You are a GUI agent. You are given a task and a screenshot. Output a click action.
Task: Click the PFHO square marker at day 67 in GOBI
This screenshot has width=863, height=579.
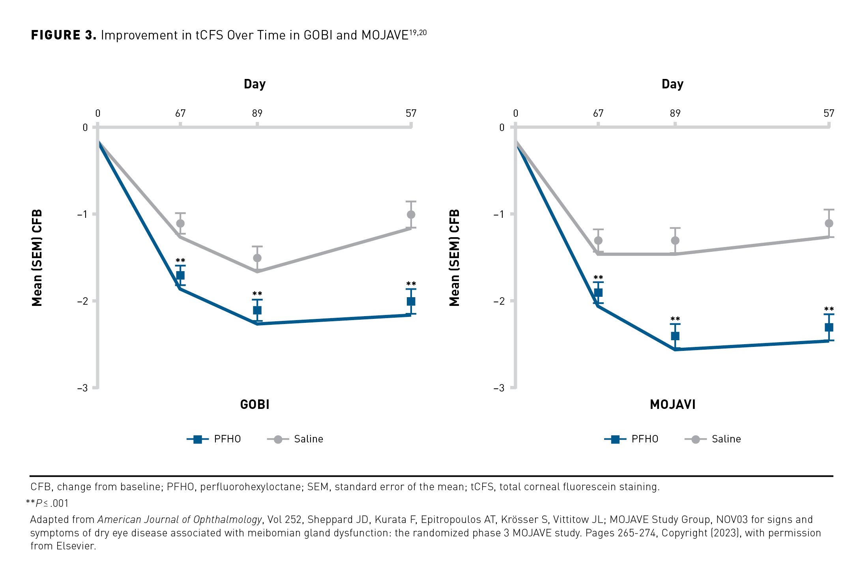tap(180, 275)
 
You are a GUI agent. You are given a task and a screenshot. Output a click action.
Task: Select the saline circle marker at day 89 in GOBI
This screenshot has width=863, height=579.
tap(257, 258)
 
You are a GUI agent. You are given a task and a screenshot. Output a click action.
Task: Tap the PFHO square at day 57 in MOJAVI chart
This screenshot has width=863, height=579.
tap(829, 327)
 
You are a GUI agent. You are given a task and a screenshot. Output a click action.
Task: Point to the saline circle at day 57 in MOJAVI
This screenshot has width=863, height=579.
tap(829, 223)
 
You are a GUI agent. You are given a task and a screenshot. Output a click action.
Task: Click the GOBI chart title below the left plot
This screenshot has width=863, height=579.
tap(255, 405)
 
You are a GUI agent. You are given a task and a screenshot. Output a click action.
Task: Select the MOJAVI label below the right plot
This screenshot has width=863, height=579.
tap(672, 405)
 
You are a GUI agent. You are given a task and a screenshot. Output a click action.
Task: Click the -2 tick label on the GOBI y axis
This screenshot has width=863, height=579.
tap(82, 301)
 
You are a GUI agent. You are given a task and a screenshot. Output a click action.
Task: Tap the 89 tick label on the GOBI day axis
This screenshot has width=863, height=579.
tap(257, 114)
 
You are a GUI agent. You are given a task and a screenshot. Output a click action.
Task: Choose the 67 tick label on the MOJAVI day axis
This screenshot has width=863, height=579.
tap(598, 114)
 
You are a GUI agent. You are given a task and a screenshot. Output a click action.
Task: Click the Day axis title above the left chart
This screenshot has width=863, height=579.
tap(255, 84)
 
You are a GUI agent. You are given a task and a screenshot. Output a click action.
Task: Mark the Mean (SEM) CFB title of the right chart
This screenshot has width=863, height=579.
tap(455, 258)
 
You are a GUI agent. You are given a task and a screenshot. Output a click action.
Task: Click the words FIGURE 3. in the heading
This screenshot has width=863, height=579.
tap(64, 35)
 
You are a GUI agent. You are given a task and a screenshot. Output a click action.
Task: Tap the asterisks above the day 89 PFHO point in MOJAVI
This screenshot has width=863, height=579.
tap(675, 319)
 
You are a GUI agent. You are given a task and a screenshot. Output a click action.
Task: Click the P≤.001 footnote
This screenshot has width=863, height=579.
tap(47, 503)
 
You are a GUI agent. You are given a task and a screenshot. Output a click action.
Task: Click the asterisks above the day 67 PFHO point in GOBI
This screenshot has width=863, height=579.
tap(180, 260)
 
